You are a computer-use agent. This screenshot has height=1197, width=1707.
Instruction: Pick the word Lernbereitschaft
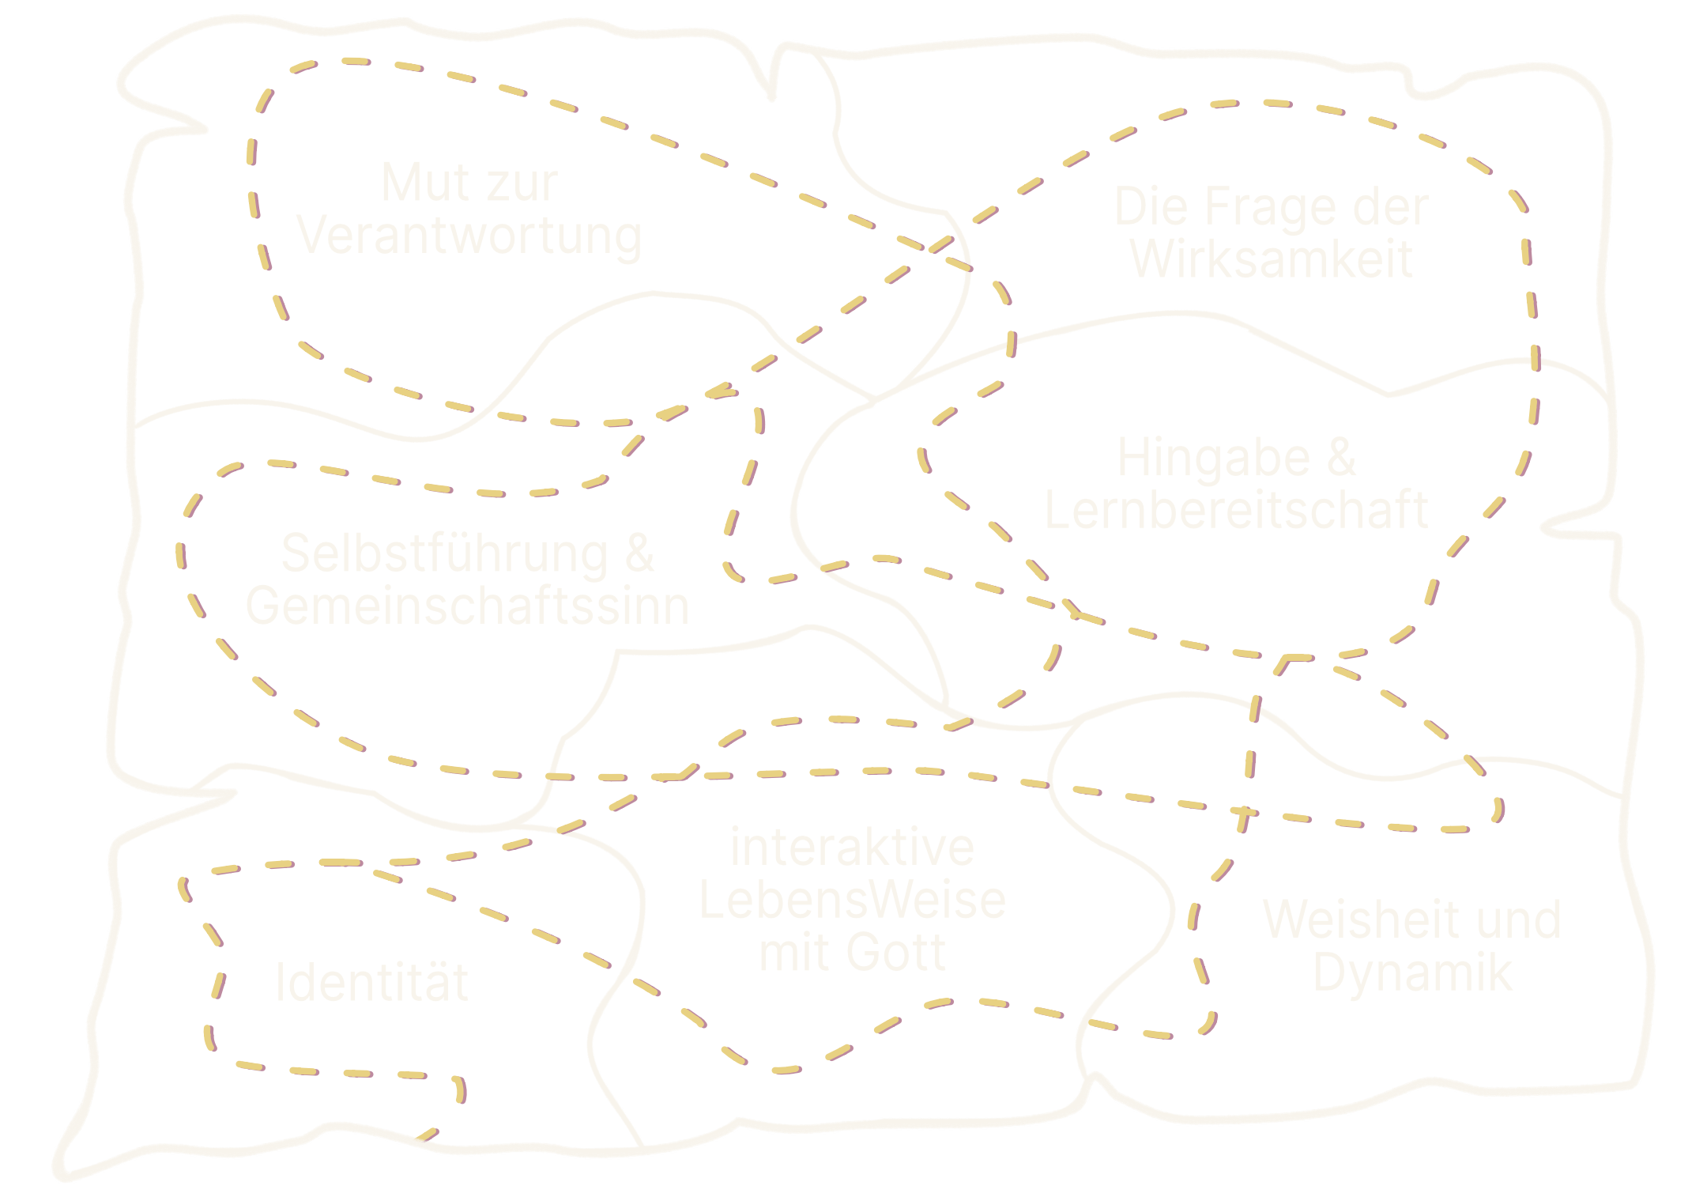(x=1236, y=510)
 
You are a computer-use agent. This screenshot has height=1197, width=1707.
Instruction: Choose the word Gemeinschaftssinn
(x=467, y=606)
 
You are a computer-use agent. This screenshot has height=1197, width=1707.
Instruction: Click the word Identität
(x=371, y=983)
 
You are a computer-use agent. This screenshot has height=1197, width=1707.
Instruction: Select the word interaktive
(x=852, y=848)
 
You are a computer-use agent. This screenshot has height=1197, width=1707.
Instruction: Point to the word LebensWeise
(x=852, y=901)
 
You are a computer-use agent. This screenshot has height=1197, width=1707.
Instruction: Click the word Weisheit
(x=1351, y=920)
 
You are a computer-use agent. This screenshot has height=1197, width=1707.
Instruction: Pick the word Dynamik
(x=1412, y=974)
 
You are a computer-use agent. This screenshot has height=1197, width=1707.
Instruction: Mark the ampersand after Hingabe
(x=1341, y=459)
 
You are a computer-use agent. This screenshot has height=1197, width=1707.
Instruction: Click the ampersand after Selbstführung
(x=639, y=553)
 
